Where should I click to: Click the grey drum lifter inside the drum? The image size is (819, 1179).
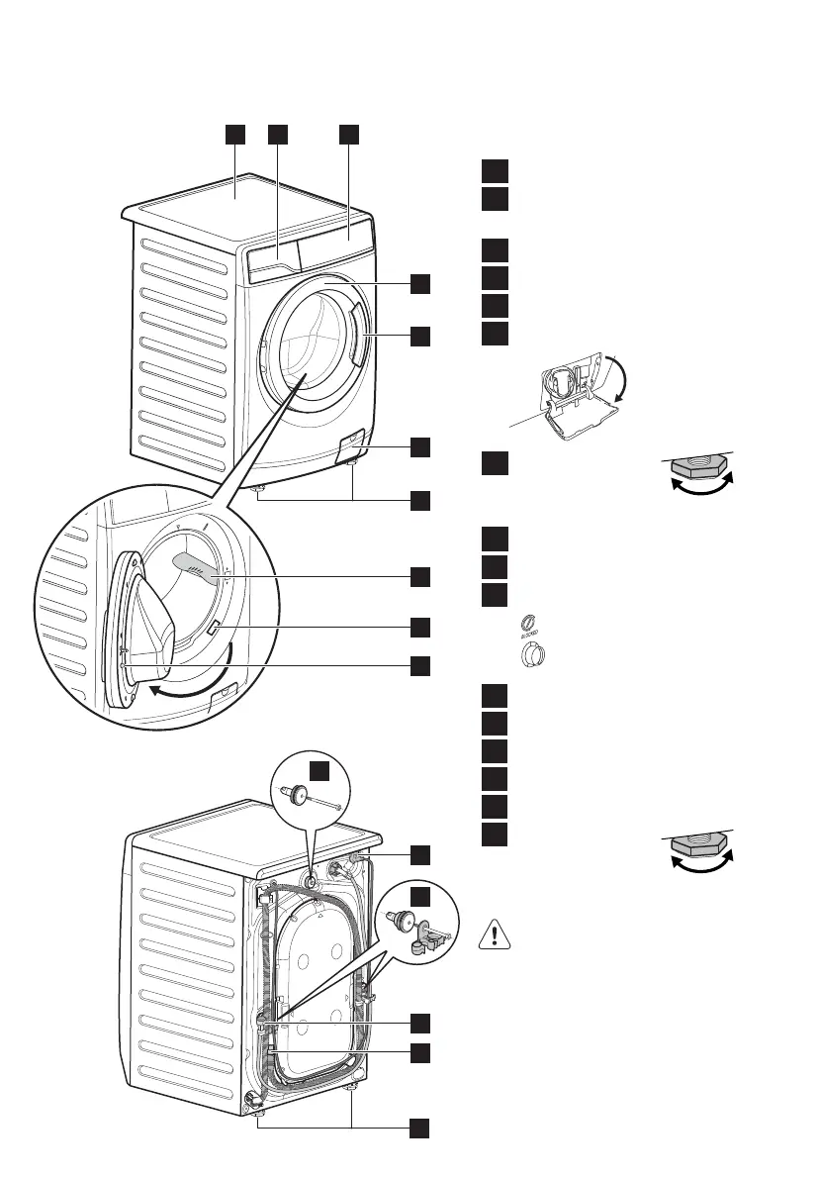[198, 565]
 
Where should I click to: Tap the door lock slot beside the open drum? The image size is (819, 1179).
[217, 626]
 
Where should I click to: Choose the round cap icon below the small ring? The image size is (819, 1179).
[532, 656]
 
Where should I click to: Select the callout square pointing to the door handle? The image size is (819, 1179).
[420, 336]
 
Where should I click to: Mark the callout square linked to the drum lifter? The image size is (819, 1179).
[420, 575]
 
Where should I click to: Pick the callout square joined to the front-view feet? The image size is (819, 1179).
[420, 499]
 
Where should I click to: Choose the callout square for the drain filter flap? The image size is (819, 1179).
[420, 446]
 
